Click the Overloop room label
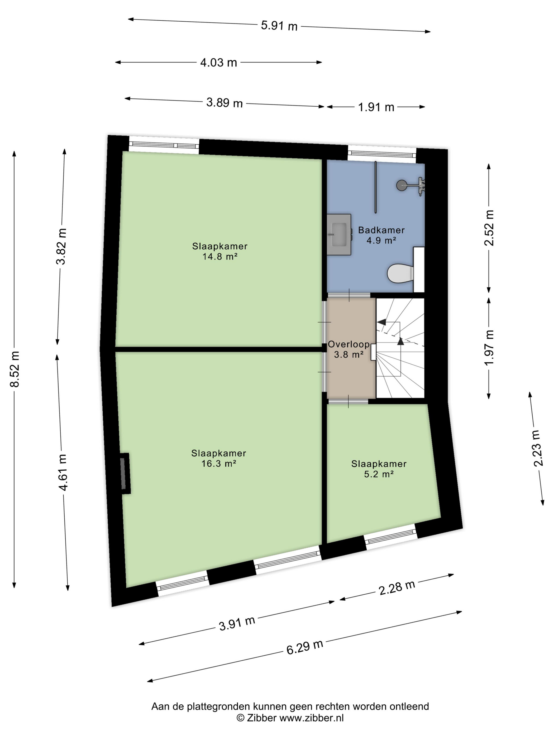[349, 344]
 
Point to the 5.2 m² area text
[379, 474]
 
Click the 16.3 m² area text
[219, 463]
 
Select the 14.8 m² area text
[220, 257]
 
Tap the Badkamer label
[381, 230]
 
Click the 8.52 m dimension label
[15, 369]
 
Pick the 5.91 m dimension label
[279, 25]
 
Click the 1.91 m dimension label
[376, 107]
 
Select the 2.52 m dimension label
[489, 228]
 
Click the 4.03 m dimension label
[218, 63]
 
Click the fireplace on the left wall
[125, 473]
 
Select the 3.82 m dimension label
[61, 246]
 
